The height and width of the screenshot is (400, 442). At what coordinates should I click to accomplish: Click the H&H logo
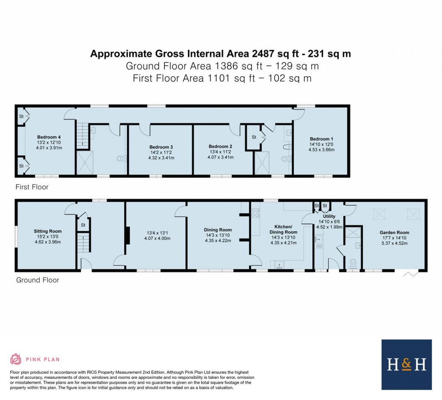coord(406,365)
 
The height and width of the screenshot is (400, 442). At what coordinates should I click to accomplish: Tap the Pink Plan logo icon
coord(16,359)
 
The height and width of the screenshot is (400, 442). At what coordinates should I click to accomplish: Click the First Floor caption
coord(32,187)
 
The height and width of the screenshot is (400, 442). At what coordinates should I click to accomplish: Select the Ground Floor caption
coord(38,280)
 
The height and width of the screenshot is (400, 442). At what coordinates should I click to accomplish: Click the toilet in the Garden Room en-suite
coord(353,262)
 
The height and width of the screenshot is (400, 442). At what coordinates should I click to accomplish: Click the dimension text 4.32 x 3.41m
coord(161,158)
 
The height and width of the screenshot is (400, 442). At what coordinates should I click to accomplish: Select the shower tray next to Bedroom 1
coord(264,163)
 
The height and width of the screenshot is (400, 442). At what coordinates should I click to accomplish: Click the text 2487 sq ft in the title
coord(267,54)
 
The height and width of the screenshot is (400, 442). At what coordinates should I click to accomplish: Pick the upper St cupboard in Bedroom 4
coord(21,116)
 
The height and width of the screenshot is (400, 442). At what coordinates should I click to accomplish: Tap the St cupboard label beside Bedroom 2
coord(253,137)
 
